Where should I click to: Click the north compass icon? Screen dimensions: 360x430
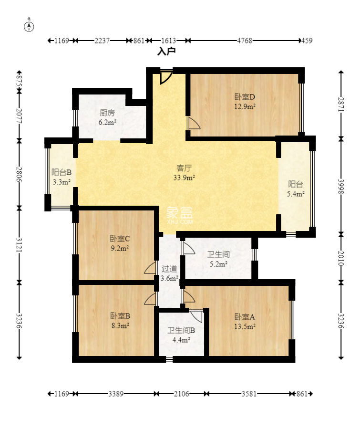point(29,26)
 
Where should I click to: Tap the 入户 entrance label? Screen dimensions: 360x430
point(166,51)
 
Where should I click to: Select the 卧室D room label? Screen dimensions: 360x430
point(245,97)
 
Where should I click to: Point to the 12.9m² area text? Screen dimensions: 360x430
point(245,106)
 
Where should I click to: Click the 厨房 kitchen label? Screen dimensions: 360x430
point(107,113)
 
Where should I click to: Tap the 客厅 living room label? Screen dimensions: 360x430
point(184,168)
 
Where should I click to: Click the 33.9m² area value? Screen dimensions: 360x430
point(184,178)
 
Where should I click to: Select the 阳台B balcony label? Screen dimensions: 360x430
point(62,172)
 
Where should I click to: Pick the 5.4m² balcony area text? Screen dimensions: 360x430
point(296,194)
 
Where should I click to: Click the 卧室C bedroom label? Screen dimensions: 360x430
point(120,239)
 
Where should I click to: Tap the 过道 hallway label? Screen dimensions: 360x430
point(169,269)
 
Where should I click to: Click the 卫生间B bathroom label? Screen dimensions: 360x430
point(181,330)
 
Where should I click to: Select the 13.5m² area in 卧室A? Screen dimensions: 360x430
point(245,326)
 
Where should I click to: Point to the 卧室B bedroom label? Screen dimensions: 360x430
point(120,316)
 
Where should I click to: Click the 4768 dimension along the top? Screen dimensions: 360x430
point(245,41)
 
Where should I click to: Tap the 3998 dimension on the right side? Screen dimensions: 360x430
point(341,187)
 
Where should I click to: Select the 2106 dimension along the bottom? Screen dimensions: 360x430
point(181,394)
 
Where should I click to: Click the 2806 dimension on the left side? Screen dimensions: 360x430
point(19,174)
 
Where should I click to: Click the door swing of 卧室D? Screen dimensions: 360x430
point(194,123)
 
